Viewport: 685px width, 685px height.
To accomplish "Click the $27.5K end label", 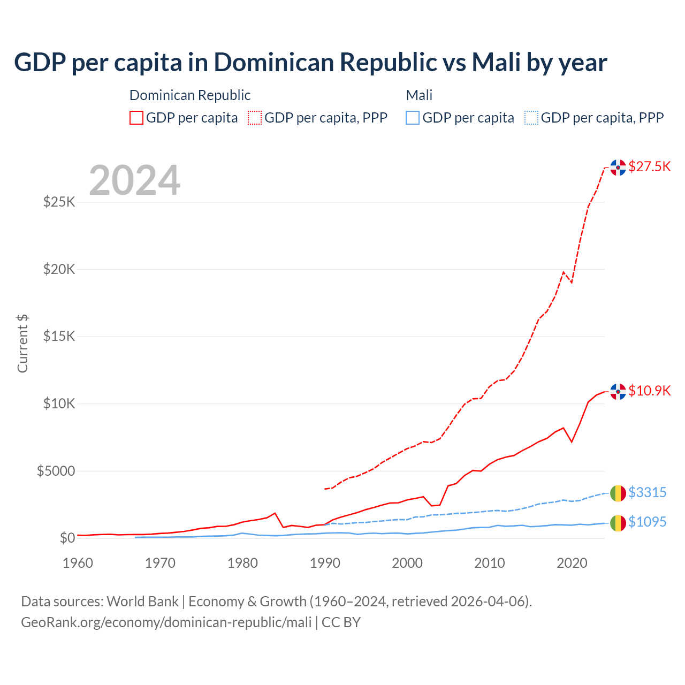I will (x=649, y=166).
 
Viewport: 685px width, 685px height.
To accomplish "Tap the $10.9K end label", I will (x=649, y=391).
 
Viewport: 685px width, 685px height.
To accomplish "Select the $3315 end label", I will (x=647, y=492).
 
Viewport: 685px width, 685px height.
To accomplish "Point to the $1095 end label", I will (x=647, y=522).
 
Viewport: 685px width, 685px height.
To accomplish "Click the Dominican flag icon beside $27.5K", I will (x=618, y=168).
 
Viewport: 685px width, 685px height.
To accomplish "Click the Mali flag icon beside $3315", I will (x=618, y=493).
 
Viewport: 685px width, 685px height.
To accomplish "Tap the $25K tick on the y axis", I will (x=59, y=202).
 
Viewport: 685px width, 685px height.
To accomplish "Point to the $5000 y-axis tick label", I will (x=56, y=471).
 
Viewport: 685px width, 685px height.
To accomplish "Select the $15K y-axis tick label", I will (x=59, y=337).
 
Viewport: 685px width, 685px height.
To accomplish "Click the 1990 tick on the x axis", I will (x=325, y=563).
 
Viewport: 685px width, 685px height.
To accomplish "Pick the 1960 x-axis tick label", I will (x=78, y=563).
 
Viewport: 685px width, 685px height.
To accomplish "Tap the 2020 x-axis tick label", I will (x=572, y=563).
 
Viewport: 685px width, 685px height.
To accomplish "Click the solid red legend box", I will (x=136, y=118).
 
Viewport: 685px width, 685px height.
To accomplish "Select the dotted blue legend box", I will (x=531, y=118).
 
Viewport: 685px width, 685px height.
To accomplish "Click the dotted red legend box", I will (x=255, y=118).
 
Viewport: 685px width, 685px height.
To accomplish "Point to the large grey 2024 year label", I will (x=134, y=180).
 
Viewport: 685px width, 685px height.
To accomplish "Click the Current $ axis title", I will (x=22, y=344).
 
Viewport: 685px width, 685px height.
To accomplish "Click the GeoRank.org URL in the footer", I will (x=166, y=622).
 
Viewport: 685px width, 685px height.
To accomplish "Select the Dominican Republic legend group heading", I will (x=190, y=95).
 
